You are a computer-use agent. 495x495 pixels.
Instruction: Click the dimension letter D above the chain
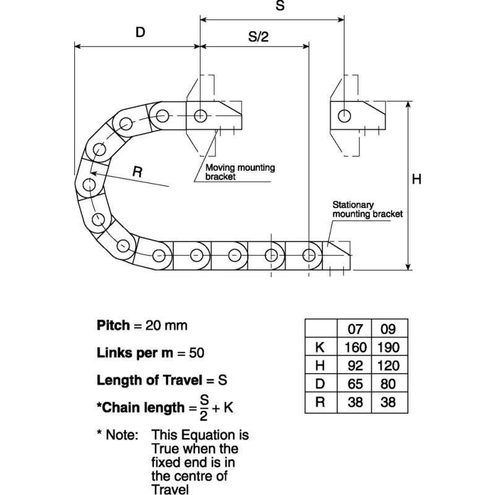[140, 32]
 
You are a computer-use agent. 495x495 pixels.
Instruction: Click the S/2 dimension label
[258, 37]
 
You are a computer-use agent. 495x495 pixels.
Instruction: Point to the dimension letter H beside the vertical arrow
[416, 179]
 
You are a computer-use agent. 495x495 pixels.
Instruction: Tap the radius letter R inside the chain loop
[137, 172]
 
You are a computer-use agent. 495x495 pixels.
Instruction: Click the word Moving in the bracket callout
[220, 167]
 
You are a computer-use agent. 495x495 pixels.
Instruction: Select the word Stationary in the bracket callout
[353, 205]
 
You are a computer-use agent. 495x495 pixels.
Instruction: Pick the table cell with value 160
[355, 347]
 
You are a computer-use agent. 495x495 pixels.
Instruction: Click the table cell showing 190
[389, 347]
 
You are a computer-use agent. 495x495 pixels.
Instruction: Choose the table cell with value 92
[355, 366]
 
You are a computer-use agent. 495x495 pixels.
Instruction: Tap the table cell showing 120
[389, 366]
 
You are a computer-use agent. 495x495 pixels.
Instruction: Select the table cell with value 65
[355, 384]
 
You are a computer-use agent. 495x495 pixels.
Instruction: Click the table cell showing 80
[389, 384]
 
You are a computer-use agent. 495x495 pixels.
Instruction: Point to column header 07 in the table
[355, 329]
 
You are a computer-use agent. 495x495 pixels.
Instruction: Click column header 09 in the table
[389, 329]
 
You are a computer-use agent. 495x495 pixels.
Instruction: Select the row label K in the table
[320, 347]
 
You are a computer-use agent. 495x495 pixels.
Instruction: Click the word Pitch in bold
[113, 325]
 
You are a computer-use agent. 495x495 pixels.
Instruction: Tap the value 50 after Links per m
[196, 353]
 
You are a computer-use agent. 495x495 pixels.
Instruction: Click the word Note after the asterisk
[122, 435]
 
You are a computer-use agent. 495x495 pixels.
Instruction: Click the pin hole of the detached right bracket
[344, 116]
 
